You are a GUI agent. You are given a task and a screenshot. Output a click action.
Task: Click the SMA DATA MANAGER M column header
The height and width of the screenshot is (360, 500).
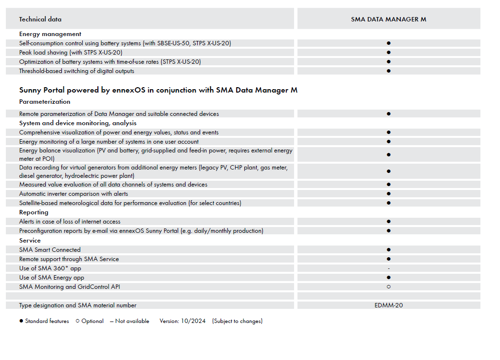pyautogui.click(x=389, y=19)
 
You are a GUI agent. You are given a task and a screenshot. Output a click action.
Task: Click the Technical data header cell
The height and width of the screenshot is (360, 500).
pyautogui.click(x=40, y=19)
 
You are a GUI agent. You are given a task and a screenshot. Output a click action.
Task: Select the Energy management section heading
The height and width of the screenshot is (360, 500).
pyautogui.click(x=50, y=34)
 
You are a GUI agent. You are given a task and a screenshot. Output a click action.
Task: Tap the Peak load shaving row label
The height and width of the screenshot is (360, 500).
pyautogui.click(x=71, y=53)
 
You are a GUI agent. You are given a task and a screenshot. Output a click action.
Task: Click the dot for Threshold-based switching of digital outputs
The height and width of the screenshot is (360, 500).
pyautogui.click(x=389, y=71)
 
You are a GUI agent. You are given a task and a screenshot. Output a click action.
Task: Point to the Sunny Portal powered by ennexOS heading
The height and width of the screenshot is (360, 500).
pyautogui.click(x=158, y=90)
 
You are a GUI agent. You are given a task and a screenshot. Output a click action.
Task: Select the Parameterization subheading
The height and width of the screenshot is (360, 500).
pyautogui.click(x=45, y=102)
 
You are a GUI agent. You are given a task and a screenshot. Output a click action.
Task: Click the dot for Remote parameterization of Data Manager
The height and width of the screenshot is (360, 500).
pyautogui.click(x=389, y=114)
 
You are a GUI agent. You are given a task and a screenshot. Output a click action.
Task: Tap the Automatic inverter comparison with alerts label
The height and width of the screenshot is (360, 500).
pyautogui.click(x=74, y=194)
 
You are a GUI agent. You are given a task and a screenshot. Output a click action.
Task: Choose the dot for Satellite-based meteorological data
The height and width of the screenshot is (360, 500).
pyautogui.click(x=389, y=203)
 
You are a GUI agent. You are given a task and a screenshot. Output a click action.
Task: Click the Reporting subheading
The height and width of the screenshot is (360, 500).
pyautogui.click(x=34, y=212)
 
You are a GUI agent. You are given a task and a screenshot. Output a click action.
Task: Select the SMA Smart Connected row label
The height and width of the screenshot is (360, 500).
pyautogui.click(x=50, y=250)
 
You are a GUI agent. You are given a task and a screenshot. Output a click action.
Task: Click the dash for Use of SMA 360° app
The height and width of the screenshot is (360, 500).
pyautogui.click(x=389, y=268)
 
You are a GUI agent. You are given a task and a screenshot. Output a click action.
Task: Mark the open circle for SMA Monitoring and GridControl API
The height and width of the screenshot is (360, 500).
pyautogui.click(x=389, y=287)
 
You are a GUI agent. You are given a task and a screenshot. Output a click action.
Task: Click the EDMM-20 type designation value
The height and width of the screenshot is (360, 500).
pyautogui.click(x=389, y=305)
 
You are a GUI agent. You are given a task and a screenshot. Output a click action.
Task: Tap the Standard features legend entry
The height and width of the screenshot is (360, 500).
pyautogui.click(x=44, y=321)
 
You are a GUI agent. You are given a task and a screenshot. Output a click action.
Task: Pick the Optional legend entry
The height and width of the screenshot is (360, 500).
pyautogui.click(x=90, y=321)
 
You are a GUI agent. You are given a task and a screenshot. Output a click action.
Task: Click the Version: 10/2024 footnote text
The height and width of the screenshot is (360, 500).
pyautogui.click(x=183, y=321)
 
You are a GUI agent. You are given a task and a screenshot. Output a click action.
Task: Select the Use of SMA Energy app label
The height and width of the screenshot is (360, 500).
pyautogui.click(x=52, y=278)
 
